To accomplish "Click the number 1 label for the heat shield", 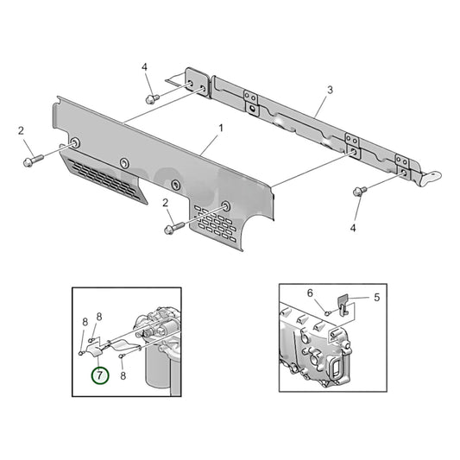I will tap(220, 128).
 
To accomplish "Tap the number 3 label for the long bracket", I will tap(330, 90).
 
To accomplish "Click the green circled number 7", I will tap(101, 375).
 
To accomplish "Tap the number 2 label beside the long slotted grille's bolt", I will tap(20, 130).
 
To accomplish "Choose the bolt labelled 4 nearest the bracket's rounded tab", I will tap(357, 191).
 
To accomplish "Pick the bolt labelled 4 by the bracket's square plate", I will tap(151, 99).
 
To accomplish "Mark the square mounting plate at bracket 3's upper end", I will tap(195, 82).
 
